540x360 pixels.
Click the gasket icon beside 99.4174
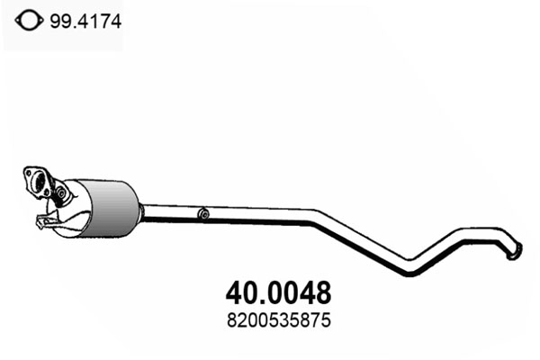pyautogui.click(x=28, y=20)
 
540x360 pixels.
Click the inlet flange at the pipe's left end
pyautogui.click(x=37, y=181)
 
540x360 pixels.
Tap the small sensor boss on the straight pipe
pyautogui.click(x=204, y=214)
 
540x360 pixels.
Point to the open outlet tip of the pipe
pyautogui.click(x=515, y=253)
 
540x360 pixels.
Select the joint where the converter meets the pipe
pyautogui.click(x=141, y=210)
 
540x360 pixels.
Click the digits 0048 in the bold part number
pyautogui.click(x=293, y=292)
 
